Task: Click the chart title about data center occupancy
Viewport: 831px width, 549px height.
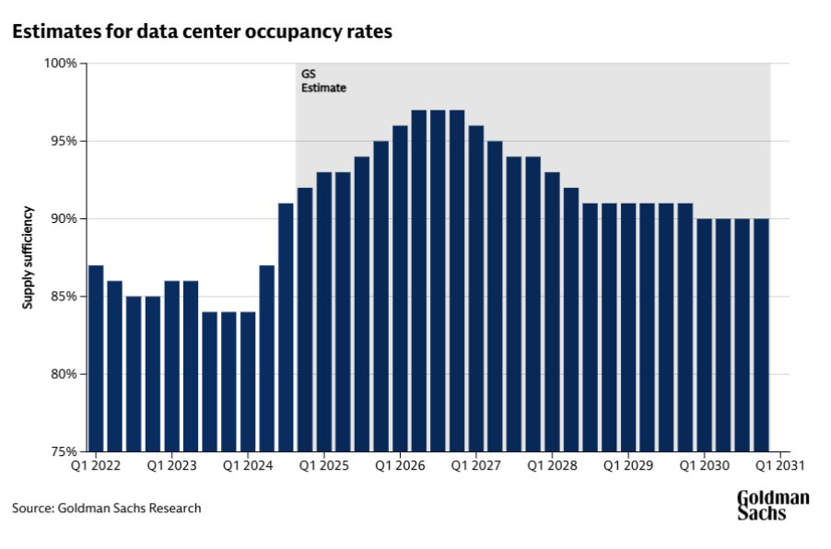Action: click(202, 31)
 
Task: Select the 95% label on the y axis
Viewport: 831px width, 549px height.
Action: click(64, 141)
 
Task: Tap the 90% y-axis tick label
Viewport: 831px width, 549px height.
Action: click(64, 219)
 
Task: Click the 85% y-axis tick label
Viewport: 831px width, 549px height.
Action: click(64, 297)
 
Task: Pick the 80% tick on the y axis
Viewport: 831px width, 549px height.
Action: click(64, 374)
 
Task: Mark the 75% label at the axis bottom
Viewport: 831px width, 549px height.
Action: click(64, 452)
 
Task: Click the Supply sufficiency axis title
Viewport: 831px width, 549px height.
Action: click(29, 257)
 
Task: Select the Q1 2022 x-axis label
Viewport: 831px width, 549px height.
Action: click(96, 467)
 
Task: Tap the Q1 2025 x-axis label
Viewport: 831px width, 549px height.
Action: click(323, 467)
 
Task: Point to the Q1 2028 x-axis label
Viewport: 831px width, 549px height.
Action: click(551, 467)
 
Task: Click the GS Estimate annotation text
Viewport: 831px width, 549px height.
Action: click(323, 81)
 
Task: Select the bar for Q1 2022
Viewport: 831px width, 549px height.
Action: click(96, 359)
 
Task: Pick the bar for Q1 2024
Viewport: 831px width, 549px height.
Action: click(248, 382)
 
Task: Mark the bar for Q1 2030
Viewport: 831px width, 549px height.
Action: click(704, 335)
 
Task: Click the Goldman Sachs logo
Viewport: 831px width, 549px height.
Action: click(772, 505)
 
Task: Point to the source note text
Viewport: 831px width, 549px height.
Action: click(106, 508)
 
